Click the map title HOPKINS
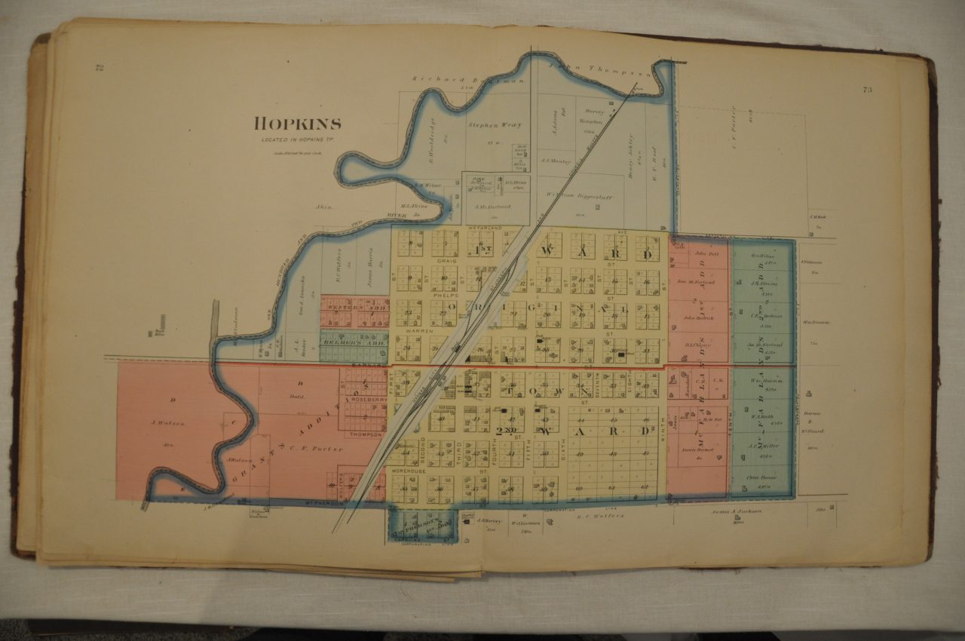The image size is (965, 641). [x=298, y=124]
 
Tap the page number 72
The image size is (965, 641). [x=99, y=68]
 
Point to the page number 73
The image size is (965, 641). [x=867, y=90]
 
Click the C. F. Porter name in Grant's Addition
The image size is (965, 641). [x=317, y=449]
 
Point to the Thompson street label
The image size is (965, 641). [x=365, y=434]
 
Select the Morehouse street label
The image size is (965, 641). [x=409, y=471]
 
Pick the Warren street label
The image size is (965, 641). [x=416, y=330]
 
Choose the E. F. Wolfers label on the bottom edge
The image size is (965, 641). [x=600, y=517]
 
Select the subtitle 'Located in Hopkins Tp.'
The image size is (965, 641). [x=295, y=140]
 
